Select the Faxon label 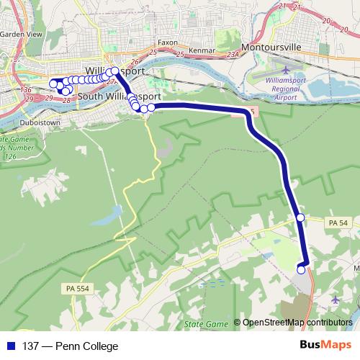pyautogui.click(x=167, y=42)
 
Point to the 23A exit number pyautogui.click(x=231, y=54)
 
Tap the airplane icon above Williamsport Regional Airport pyautogui.click(x=287, y=70)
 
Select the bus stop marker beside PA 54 pyautogui.click(x=301, y=217)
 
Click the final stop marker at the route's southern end pyautogui.click(x=301, y=269)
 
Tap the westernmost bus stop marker pyautogui.click(x=53, y=84)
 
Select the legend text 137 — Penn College pyautogui.click(x=70, y=346)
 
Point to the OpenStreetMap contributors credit pyautogui.click(x=297, y=323)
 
